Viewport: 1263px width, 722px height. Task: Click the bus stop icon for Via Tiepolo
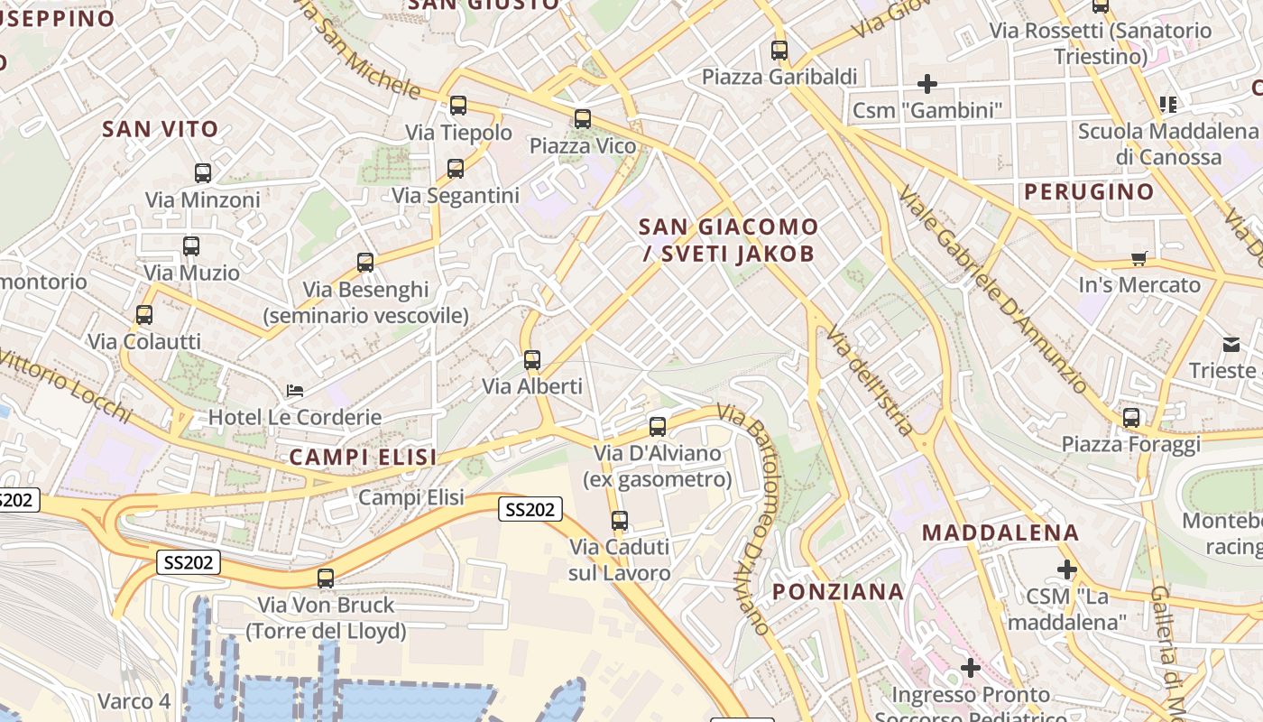pyautogui.click(x=458, y=106)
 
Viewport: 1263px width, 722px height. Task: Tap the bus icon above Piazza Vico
pyautogui.click(x=583, y=118)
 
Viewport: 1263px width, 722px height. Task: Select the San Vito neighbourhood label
pyautogui.click(x=161, y=129)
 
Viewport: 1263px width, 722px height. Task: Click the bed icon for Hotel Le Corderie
pyautogui.click(x=295, y=391)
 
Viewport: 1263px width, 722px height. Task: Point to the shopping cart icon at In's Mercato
pyautogui.click(x=1139, y=259)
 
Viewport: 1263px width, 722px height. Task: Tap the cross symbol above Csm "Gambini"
pyautogui.click(x=927, y=84)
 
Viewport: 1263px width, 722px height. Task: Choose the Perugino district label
pyautogui.click(x=1089, y=191)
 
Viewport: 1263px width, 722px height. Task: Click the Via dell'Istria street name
pyautogui.click(x=871, y=379)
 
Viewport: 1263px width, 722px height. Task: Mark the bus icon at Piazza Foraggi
pyautogui.click(x=1131, y=418)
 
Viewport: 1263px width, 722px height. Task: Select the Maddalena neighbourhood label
pyautogui.click(x=1000, y=532)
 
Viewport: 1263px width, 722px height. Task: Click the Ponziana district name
pyautogui.click(x=838, y=592)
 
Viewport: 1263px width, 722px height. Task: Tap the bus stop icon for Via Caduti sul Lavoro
pyautogui.click(x=620, y=521)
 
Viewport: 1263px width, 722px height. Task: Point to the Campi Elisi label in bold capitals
pyautogui.click(x=363, y=458)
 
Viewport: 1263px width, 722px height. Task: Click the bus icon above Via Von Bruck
pyautogui.click(x=326, y=579)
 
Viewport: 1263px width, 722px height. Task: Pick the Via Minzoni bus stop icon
pyautogui.click(x=203, y=172)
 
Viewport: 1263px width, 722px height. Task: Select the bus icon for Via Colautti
pyautogui.click(x=144, y=315)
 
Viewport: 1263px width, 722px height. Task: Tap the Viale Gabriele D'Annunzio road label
pyautogui.click(x=992, y=289)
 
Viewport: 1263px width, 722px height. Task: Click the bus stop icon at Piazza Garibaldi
pyautogui.click(x=779, y=51)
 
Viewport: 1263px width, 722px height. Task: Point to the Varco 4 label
pyautogui.click(x=134, y=701)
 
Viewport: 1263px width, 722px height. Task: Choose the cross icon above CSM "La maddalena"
pyautogui.click(x=1067, y=569)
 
